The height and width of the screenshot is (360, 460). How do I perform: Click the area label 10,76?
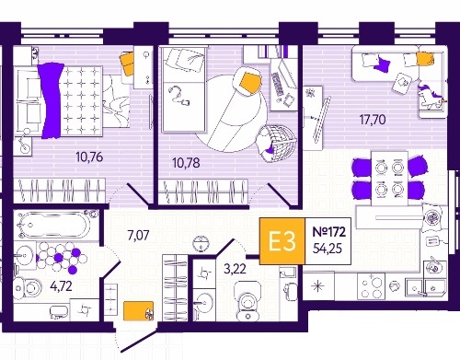pyautogui.click(x=89, y=157)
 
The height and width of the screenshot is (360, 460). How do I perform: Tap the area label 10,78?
pyautogui.click(x=186, y=163)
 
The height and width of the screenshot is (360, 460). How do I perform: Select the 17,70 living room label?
pyautogui.click(x=373, y=120)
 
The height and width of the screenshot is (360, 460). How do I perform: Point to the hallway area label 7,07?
pyautogui.click(x=138, y=236)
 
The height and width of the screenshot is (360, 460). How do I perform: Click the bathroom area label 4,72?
pyautogui.click(x=61, y=286)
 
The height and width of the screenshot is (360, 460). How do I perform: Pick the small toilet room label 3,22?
pyautogui.click(x=235, y=269)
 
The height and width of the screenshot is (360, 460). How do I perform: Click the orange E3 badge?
pyautogui.click(x=282, y=241)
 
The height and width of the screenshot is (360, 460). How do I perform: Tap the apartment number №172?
pyautogui.click(x=328, y=232)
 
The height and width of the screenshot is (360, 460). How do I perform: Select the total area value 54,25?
pyautogui.click(x=328, y=249)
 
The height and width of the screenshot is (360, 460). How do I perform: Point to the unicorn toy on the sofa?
pyautogui.click(x=431, y=96)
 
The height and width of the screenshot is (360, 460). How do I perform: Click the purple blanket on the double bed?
pyautogui.click(x=52, y=100)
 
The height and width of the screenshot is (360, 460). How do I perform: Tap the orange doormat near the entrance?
pyautogui.click(x=138, y=310)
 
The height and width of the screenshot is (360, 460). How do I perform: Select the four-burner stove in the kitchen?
pyautogui.click(x=371, y=285)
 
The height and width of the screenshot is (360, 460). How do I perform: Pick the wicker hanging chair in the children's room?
pyautogui.click(x=277, y=144)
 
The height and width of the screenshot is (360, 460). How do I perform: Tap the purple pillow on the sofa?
pyautogui.click(x=382, y=64)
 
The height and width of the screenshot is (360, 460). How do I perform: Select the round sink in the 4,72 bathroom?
pyautogui.click(x=24, y=255)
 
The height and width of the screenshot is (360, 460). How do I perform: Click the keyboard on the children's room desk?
pyautogui.click(x=278, y=84)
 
